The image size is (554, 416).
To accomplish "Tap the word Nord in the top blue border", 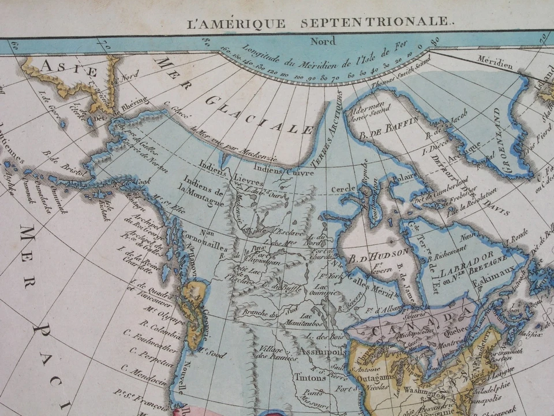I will (322, 41).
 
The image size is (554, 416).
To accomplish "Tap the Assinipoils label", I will (322, 351).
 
